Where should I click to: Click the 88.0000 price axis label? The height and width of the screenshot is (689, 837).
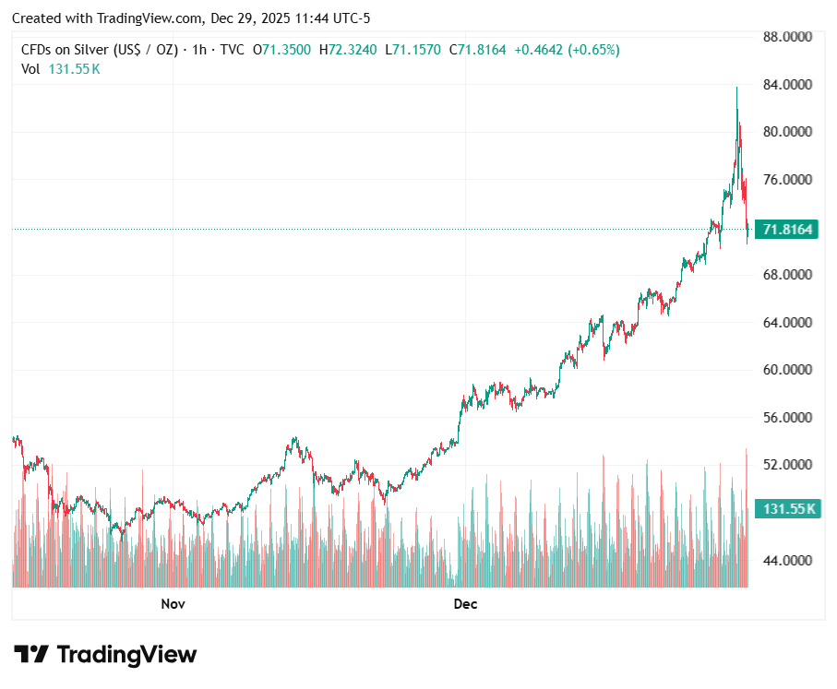click(x=787, y=37)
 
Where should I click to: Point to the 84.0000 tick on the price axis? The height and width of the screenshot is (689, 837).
click(x=787, y=85)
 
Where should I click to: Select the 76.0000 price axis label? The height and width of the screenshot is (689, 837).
click(x=787, y=180)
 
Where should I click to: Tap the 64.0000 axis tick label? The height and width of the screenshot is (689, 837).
click(x=787, y=323)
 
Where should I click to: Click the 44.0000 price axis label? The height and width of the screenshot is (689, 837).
click(x=787, y=560)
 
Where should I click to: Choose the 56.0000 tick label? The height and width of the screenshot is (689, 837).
click(x=787, y=418)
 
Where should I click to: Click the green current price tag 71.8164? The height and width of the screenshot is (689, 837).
click(x=787, y=229)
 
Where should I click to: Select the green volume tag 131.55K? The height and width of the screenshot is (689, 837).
click(x=787, y=509)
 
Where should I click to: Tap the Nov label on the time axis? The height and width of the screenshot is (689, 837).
click(x=173, y=604)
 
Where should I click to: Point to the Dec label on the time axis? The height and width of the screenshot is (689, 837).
click(x=466, y=604)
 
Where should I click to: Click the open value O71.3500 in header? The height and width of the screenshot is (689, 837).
click(x=282, y=50)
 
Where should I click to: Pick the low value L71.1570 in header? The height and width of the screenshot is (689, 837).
click(x=413, y=50)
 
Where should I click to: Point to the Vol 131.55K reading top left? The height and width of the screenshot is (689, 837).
click(x=61, y=68)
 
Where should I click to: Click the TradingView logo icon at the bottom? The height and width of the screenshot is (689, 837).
click(x=31, y=655)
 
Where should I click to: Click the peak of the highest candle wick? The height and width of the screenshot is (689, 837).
click(x=736, y=88)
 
